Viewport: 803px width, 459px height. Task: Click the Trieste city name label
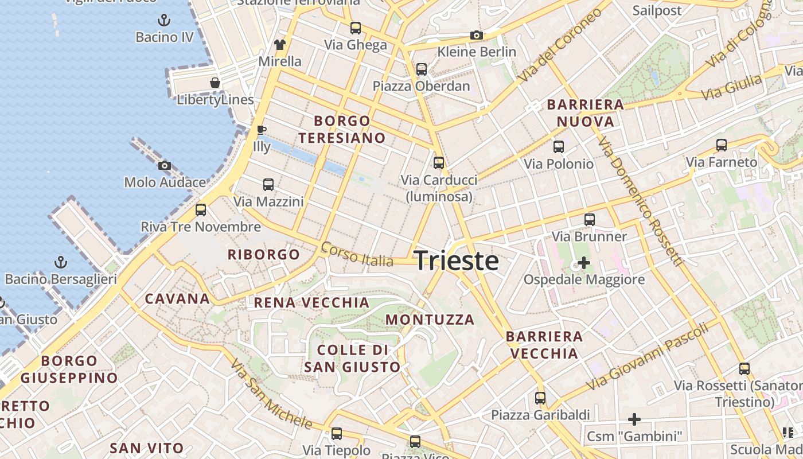tap(456, 260)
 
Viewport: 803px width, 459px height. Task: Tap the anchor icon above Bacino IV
tap(164, 21)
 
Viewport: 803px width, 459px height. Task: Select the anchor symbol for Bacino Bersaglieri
tap(60, 263)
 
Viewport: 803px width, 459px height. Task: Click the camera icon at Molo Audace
tap(165, 166)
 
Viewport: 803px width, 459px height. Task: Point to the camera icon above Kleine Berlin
tap(476, 36)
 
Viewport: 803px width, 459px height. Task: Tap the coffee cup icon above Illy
tap(261, 130)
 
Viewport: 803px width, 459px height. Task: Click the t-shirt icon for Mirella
tap(279, 45)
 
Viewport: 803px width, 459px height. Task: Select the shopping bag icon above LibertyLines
tap(215, 83)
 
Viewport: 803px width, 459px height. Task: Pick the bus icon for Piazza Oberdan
tap(422, 69)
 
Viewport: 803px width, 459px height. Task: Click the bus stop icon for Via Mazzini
tap(268, 185)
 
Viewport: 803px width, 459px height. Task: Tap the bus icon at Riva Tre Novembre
tap(200, 210)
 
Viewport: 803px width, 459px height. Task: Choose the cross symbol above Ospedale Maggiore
tap(584, 263)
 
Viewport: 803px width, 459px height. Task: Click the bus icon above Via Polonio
tap(559, 147)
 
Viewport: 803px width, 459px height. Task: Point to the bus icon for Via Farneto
tap(722, 145)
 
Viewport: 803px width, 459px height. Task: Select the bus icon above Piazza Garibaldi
tap(540, 398)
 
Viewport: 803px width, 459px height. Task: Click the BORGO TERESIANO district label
tap(342, 129)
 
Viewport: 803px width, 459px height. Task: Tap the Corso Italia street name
tap(357, 254)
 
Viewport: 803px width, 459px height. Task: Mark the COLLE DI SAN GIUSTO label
tap(352, 358)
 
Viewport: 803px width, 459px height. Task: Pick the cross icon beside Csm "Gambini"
tap(634, 419)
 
